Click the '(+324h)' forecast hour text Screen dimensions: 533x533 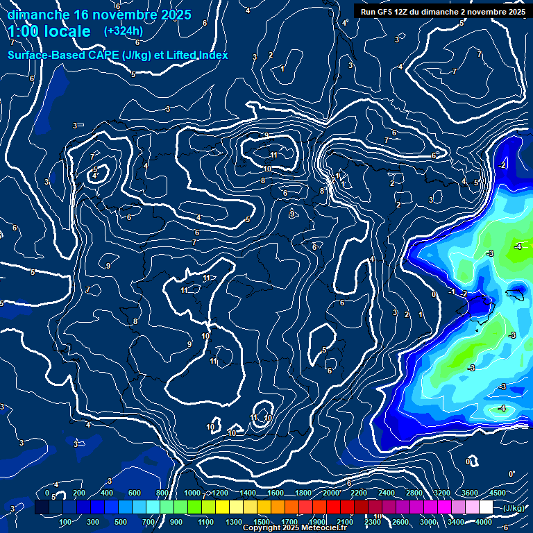[x=124, y=31]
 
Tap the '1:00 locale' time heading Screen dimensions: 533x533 [x=49, y=31]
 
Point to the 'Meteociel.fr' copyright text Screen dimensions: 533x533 [x=314, y=528]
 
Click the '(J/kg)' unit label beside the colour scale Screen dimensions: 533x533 [x=514, y=508]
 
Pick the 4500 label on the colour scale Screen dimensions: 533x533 [x=497, y=493]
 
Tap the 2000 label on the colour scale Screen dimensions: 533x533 [x=331, y=493]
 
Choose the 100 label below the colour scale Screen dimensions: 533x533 [x=66, y=522]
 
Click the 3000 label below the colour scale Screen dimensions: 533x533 [x=428, y=522]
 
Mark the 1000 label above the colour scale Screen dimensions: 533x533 [x=192, y=493]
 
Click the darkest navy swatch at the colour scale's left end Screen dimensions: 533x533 [x=42, y=507]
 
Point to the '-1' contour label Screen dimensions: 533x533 [x=452, y=292]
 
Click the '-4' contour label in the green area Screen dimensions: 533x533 [x=517, y=247]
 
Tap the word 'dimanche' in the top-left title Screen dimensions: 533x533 [x=37, y=15]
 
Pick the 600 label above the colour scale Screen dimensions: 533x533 [x=135, y=493]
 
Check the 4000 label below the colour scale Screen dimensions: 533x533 [x=484, y=522]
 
